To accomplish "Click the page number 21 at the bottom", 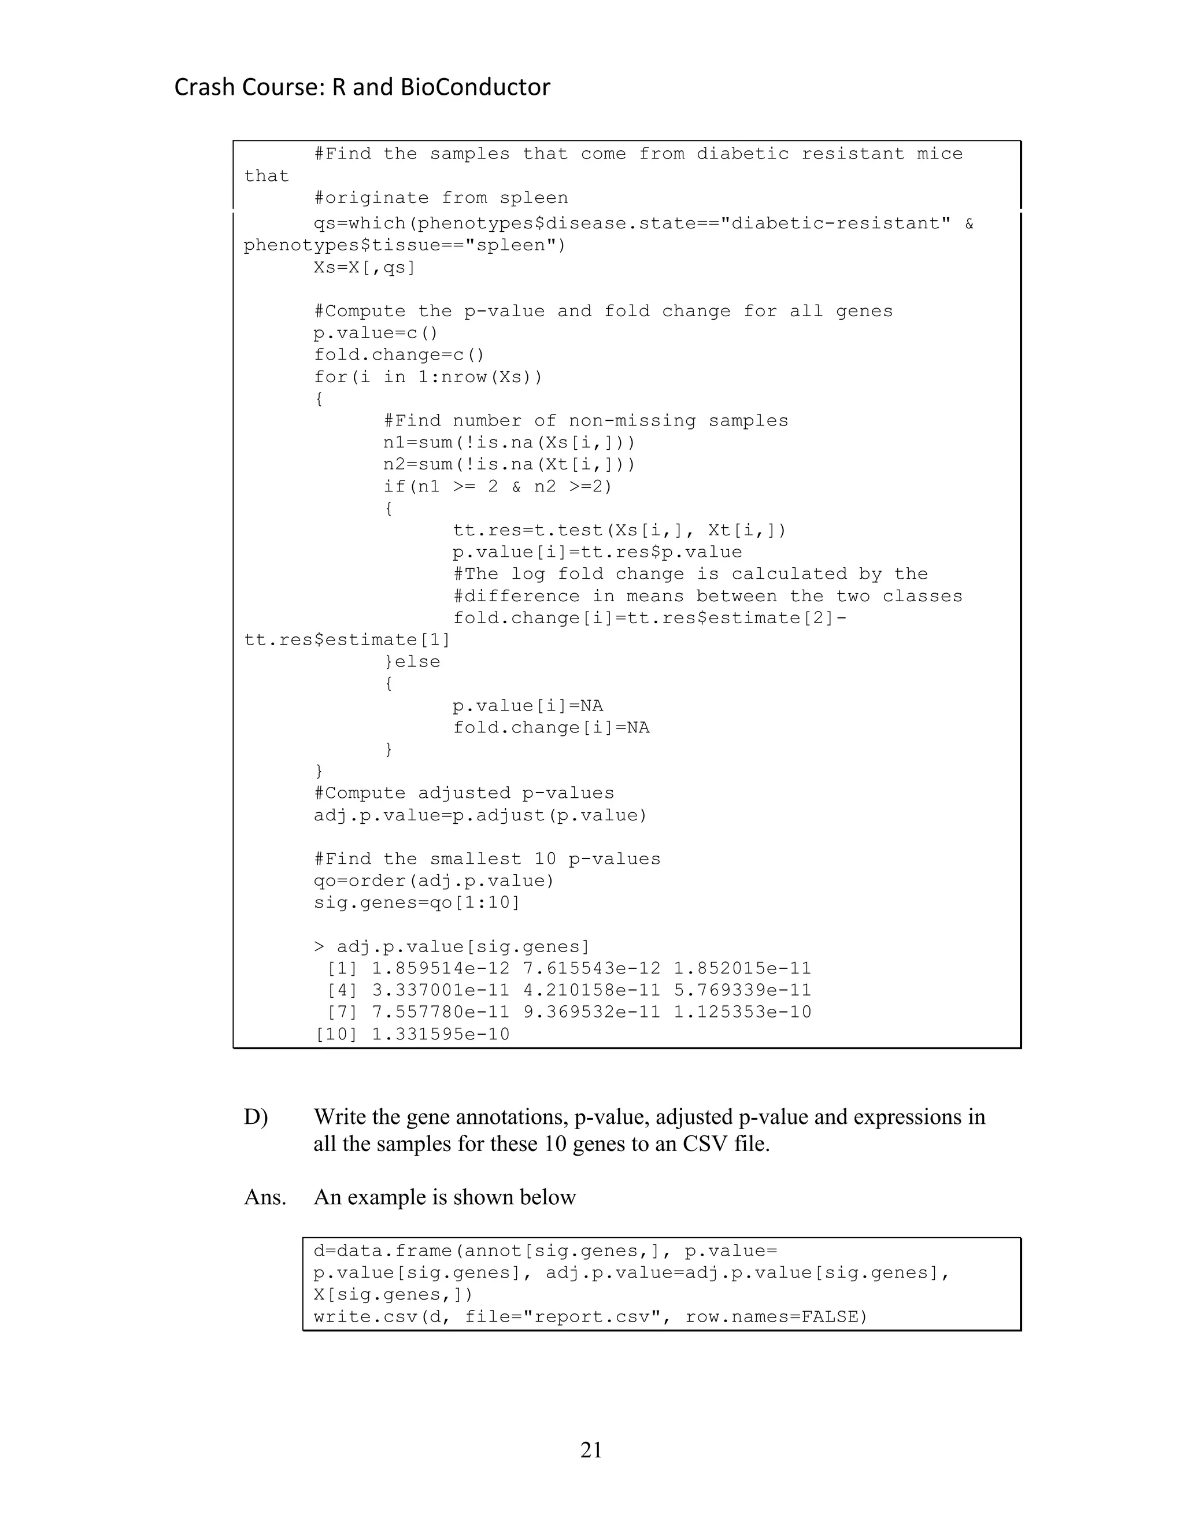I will pyautogui.click(x=591, y=1450).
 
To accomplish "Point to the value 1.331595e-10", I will pyautogui.click(x=441, y=1034).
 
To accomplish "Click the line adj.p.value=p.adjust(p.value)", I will pyautogui.click(x=480, y=815).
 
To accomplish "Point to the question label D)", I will pyautogui.click(x=256, y=1117).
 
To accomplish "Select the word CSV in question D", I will pyautogui.click(x=707, y=1144).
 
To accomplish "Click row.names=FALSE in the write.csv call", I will pyautogui.click(x=776, y=1316).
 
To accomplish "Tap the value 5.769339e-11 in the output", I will pyautogui.click(x=742, y=990).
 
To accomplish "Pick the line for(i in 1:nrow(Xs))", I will pyautogui.click(x=428, y=377).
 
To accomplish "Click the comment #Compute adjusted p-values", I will pyautogui.click(x=464, y=793).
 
